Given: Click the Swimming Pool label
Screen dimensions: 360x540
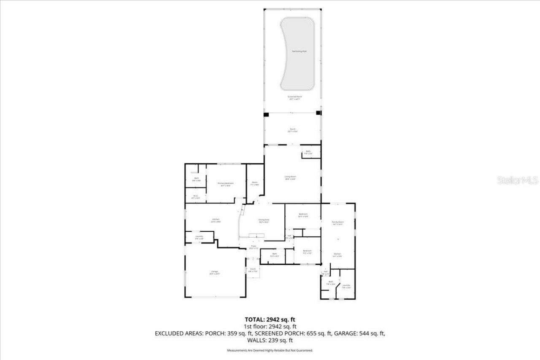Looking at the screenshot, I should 299,51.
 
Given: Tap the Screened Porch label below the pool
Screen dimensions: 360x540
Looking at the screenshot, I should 295,97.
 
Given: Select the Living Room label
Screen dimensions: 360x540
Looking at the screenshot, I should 290,177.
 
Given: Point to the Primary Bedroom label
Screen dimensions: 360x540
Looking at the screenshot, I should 226,184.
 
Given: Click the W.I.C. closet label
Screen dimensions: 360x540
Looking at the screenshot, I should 196,196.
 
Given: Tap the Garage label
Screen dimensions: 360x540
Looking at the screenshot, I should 215,272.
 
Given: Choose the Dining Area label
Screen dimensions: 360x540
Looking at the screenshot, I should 264,220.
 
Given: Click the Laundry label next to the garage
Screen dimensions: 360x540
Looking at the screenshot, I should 199,237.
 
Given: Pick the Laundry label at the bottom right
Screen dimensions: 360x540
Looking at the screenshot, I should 346,286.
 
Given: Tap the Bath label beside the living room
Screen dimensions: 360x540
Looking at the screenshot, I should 308,152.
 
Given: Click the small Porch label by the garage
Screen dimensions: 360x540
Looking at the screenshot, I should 253,270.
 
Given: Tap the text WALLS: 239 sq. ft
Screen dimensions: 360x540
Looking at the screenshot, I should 270,340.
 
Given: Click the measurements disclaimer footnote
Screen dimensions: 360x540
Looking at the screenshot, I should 270,350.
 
